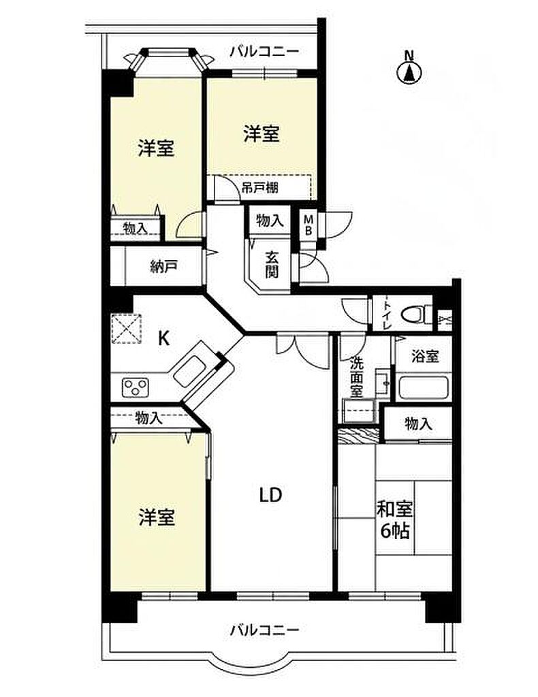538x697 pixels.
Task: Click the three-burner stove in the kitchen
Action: (x=136, y=387)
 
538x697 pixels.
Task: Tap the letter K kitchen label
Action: (x=164, y=339)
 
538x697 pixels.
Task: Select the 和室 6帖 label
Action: (x=395, y=519)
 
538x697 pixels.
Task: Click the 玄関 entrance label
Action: (x=272, y=265)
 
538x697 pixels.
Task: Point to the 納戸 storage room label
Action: (x=164, y=267)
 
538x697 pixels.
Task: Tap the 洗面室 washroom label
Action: (x=356, y=377)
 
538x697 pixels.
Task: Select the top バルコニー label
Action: (x=264, y=52)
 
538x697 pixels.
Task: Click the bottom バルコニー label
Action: (x=265, y=630)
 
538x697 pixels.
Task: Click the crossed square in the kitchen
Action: (x=126, y=329)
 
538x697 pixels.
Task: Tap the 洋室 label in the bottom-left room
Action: (x=157, y=517)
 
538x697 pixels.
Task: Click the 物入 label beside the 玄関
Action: (x=270, y=220)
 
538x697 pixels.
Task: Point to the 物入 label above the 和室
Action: (x=418, y=424)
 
